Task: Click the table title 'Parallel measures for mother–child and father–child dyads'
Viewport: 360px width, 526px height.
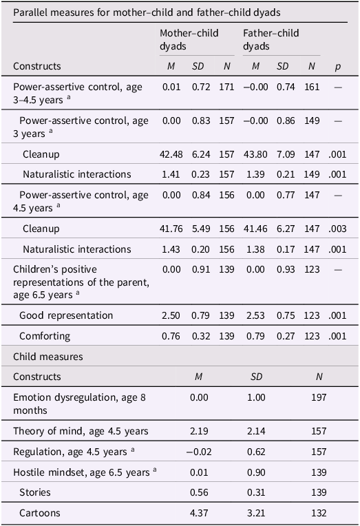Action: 147,13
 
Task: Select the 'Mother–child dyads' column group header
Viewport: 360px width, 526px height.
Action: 189,39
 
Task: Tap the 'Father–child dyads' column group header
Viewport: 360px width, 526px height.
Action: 271,39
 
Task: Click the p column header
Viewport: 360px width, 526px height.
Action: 337,67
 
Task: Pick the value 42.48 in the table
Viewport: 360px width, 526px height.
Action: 171,154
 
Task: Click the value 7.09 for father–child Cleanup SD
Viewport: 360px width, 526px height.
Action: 286,154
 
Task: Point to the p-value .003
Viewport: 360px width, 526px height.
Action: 337,229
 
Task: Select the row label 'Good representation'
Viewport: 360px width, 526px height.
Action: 66,315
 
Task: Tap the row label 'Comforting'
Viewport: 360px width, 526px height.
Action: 45,336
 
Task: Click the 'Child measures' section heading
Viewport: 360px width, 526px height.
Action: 48,356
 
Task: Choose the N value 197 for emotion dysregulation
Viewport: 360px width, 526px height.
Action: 319,397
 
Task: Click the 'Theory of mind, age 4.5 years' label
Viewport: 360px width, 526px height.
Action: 81,431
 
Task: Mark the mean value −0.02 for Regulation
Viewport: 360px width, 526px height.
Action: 199,452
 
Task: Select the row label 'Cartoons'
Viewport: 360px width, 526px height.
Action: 40,513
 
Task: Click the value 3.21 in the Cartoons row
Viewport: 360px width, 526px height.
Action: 256,513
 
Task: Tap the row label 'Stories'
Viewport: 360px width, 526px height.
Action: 35,492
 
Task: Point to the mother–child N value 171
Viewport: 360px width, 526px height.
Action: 226,87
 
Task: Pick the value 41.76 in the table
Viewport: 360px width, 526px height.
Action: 171,229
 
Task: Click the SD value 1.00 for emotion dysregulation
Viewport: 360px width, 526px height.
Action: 256,397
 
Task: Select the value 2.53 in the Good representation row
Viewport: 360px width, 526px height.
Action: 255,315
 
